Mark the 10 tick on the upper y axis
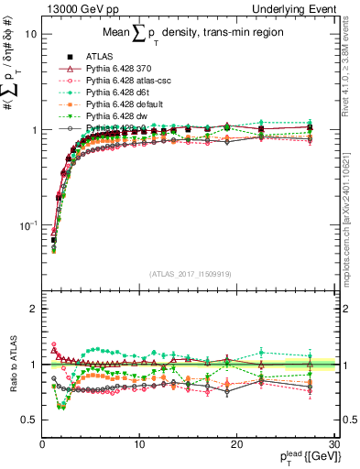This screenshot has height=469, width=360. click(30, 33)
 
